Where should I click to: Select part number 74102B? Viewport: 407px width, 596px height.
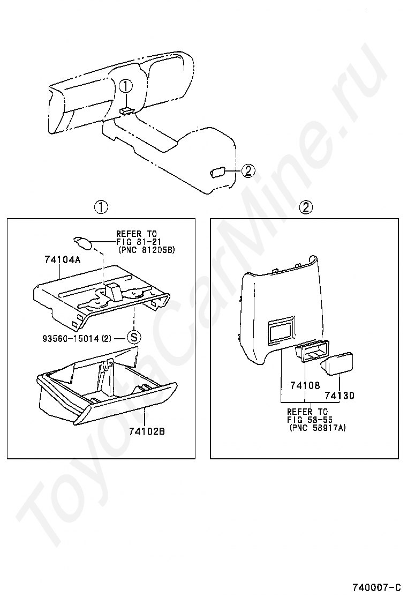coord(146,430)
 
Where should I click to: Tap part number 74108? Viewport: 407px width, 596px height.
coord(305,385)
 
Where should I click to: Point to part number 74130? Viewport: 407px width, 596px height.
coord(340,396)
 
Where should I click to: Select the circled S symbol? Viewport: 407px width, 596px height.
coord(133,338)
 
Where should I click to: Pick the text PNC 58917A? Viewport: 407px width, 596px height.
coord(318,428)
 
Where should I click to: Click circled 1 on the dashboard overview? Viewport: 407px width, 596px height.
coord(125,86)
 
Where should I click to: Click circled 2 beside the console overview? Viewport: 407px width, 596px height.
coord(247,171)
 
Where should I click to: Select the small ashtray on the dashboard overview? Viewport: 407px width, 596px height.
coord(126,111)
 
